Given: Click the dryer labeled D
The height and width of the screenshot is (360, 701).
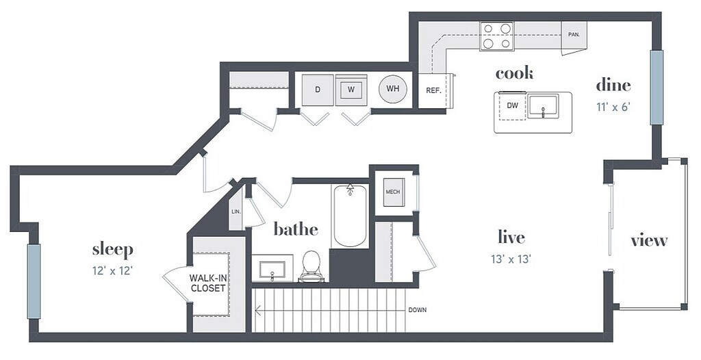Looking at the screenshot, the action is pyautogui.click(x=317, y=90).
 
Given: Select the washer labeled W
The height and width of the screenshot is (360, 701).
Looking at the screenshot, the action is pyautogui.click(x=350, y=90).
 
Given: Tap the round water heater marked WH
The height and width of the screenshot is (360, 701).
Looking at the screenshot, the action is pyautogui.click(x=393, y=89).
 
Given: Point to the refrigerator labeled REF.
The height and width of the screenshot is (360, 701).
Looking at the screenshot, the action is pyautogui.click(x=433, y=90).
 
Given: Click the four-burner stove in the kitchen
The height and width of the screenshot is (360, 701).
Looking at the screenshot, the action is pyautogui.click(x=496, y=36).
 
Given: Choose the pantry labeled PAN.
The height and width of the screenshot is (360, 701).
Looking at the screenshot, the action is pyautogui.click(x=574, y=34).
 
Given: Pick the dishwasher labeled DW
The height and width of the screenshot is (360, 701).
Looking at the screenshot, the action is pyautogui.click(x=512, y=105).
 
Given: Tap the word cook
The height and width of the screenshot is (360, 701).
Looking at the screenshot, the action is pyautogui.click(x=514, y=73).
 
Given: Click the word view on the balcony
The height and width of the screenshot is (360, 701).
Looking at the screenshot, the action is pyautogui.click(x=648, y=240).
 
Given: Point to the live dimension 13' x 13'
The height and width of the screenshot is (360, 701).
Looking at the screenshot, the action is pyautogui.click(x=511, y=259).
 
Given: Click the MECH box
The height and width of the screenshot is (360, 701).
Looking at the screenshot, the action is pyautogui.click(x=392, y=192).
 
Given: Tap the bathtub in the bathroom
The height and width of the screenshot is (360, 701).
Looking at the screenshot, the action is pyautogui.click(x=349, y=216).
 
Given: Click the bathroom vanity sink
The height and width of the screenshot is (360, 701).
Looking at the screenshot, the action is pyautogui.click(x=273, y=268).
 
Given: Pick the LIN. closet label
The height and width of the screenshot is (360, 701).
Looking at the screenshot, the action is pyautogui.click(x=236, y=212).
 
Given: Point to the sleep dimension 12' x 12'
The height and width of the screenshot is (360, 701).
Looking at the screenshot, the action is pyautogui.click(x=112, y=270).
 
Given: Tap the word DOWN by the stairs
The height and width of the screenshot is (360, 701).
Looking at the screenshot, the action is pyautogui.click(x=417, y=310).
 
